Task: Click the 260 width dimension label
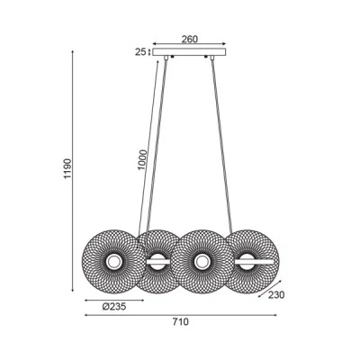pos(189,39)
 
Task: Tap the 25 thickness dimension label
pos(140,52)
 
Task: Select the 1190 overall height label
pos(68,168)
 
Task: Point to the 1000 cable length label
pos(143,159)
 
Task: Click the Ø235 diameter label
pos(114,307)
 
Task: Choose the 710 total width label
pos(181,322)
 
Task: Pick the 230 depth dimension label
pos(276,295)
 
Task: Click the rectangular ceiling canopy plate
pos(189,52)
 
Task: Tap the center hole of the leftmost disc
pos(113,262)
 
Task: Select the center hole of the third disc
pos(201,262)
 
